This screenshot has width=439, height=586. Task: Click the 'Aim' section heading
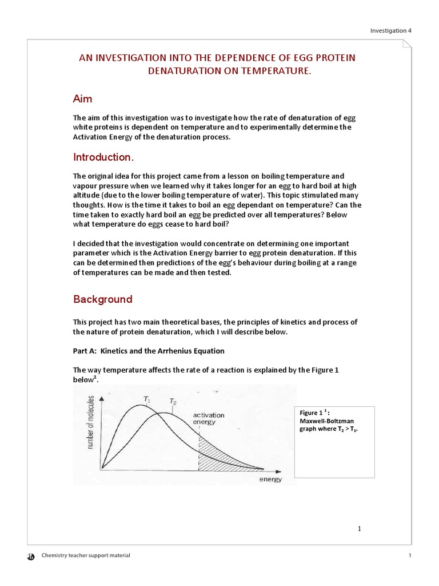coord(83,99)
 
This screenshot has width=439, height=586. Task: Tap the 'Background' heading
coord(102,299)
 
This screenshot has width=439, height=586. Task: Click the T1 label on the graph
coord(147,400)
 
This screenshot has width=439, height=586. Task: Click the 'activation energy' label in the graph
coord(209,418)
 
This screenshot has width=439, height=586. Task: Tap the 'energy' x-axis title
coord(270,480)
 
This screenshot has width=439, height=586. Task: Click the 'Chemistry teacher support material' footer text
coord(86,556)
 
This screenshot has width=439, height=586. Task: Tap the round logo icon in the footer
coord(31,556)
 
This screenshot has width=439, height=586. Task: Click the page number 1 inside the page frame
coord(360,529)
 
